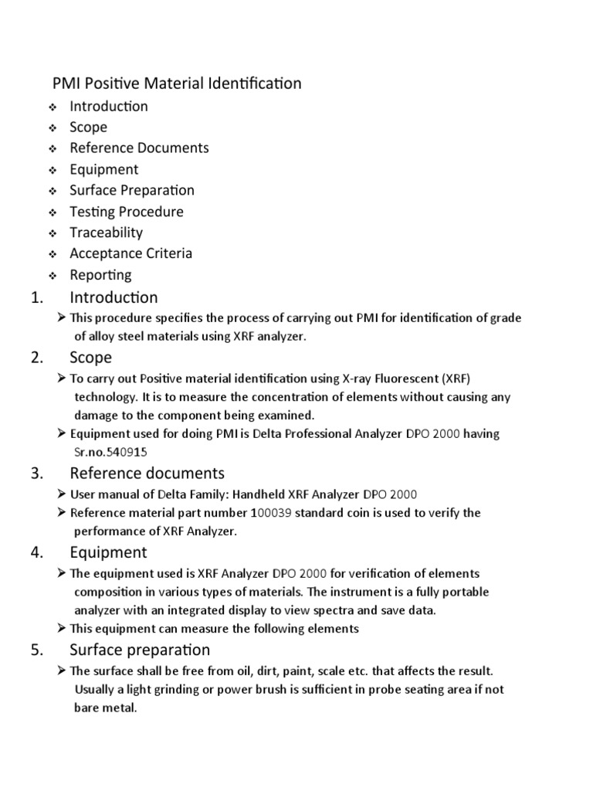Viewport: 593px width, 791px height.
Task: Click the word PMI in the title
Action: (x=66, y=83)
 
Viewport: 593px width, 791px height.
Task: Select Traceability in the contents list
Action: (x=106, y=233)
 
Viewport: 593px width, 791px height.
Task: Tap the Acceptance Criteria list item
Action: (x=130, y=253)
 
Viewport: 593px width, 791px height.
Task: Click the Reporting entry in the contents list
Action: (x=100, y=275)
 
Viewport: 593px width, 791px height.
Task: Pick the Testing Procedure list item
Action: (x=127, y=212)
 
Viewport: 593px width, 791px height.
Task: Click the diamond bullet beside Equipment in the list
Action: (x=52, y=170)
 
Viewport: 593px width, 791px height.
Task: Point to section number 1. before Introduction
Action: (x=39, y=297)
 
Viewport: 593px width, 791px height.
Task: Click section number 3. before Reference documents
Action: (x=39, y=473)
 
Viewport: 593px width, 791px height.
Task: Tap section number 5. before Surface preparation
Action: (x=39, y=650)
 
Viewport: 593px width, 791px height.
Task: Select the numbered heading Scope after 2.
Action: (x=90, y=358)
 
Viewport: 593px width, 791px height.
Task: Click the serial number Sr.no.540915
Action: (x=110, y=453)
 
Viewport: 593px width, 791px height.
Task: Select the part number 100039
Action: (x=271, y=513)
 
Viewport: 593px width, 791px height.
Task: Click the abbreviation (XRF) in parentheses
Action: (x=454, y=379)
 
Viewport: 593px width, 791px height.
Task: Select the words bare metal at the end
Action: (x=105, y=708)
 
